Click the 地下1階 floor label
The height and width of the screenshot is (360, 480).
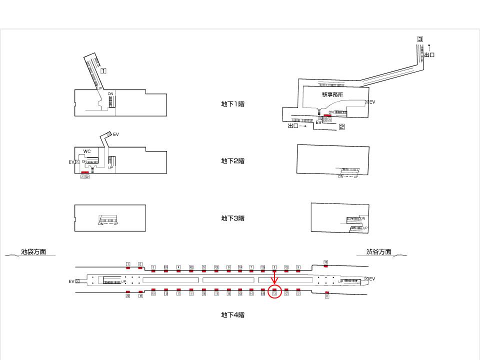click(232, 104)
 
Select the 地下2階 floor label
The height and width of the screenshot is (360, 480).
click(232, 161)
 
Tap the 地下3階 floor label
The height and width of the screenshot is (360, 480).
click(232, 218)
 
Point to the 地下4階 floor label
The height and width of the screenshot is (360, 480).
click(232, 315)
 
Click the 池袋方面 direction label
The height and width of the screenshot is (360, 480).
click(33, 252)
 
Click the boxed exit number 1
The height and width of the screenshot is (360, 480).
click(103, 71)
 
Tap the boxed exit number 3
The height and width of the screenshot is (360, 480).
click(420, 39)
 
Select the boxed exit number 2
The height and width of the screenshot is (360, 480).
click(342, 126)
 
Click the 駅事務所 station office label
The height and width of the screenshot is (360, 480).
click(332, 94)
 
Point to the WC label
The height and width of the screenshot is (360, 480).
click(87, 151)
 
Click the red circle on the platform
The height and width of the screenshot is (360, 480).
click(274, 291)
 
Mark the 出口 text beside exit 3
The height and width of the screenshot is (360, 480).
click(429, 54)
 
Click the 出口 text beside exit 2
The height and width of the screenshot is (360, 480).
click(294, 126)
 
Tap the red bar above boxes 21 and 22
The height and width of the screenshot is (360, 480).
click(84, 172)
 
